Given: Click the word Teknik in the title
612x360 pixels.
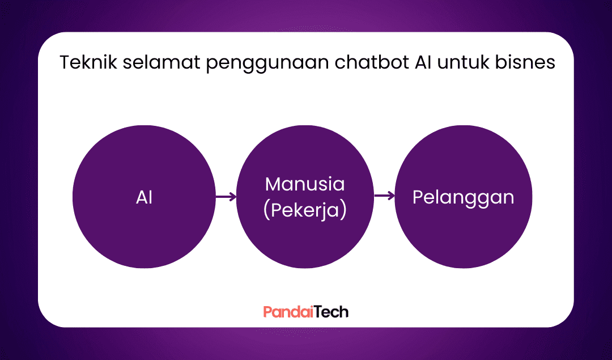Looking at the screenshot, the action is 88,62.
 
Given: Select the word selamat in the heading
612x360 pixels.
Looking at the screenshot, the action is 161,62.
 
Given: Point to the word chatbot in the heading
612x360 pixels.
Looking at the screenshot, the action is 372,62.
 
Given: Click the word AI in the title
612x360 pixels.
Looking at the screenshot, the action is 423,62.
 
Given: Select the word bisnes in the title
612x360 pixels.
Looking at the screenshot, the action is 525,62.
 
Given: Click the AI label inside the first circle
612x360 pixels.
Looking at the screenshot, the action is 144,197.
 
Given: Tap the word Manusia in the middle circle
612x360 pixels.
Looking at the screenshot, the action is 305,184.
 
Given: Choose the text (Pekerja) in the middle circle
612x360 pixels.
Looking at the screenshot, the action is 305,211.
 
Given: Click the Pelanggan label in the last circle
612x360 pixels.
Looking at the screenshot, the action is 464,198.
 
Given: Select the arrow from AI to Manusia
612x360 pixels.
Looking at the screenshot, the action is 226,196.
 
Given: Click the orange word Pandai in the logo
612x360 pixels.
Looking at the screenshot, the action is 288,312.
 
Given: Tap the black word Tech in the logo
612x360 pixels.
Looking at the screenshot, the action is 331,312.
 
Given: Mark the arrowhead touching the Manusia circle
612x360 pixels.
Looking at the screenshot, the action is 233,196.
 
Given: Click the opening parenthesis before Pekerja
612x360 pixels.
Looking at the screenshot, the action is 266,211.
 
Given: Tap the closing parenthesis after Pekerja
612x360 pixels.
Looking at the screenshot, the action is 343,211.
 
